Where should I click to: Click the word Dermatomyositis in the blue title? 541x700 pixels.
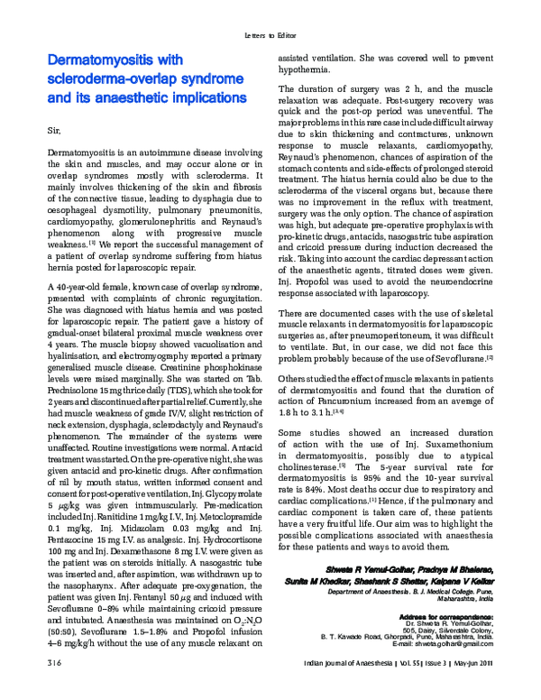[106, 60]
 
